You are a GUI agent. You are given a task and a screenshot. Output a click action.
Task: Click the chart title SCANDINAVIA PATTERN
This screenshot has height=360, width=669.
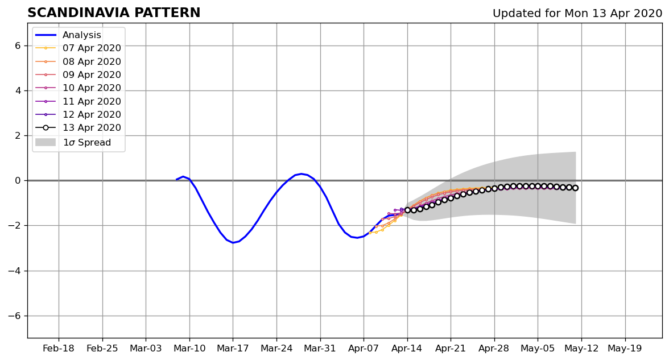pos(114,13)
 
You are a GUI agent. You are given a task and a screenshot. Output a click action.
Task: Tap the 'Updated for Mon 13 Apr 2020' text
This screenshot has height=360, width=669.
pos(577,14)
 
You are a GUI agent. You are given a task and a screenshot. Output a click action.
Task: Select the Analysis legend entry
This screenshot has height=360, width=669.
pos(69,35)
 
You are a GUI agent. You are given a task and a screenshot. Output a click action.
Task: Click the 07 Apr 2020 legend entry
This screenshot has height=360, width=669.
pos(79,48)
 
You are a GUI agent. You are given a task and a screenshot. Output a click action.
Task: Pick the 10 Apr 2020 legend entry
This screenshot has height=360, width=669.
pos(79,88)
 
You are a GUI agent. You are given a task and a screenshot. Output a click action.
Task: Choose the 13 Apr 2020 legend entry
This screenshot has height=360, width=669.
pos(79,127)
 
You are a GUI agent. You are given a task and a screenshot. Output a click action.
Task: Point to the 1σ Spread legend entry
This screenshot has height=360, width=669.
pos(73,142)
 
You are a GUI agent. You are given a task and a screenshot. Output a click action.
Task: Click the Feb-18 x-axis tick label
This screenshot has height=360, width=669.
pos(59,349)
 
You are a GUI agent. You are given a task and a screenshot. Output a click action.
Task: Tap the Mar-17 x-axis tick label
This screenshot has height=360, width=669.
pos(233,349)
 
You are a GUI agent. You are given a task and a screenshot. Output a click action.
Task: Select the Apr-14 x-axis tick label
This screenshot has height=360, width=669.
pos(407,349)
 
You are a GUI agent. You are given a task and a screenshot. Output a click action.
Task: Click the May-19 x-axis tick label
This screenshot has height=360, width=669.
pos(625,349)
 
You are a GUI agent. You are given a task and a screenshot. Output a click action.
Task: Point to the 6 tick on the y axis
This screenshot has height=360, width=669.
pos(18,45)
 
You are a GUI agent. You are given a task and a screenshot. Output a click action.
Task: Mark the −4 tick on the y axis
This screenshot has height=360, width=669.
pos(15,271)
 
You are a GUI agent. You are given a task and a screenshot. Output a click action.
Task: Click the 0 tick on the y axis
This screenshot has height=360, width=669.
pos(18,180)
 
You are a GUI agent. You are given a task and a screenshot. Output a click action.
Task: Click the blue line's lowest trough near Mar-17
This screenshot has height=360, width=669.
pos(233,243)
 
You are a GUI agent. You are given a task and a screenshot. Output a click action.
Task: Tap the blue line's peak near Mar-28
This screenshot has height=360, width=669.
pos(302,173)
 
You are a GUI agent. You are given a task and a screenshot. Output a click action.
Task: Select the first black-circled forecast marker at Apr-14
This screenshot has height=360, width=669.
pos(407,210)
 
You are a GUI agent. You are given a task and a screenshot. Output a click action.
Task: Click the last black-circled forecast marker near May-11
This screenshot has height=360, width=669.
pos(575,188)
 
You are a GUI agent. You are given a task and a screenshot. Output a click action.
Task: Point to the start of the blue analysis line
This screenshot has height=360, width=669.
pos(176,180)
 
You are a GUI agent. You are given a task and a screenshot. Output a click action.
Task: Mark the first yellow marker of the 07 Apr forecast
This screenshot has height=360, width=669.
pos(370,233)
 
